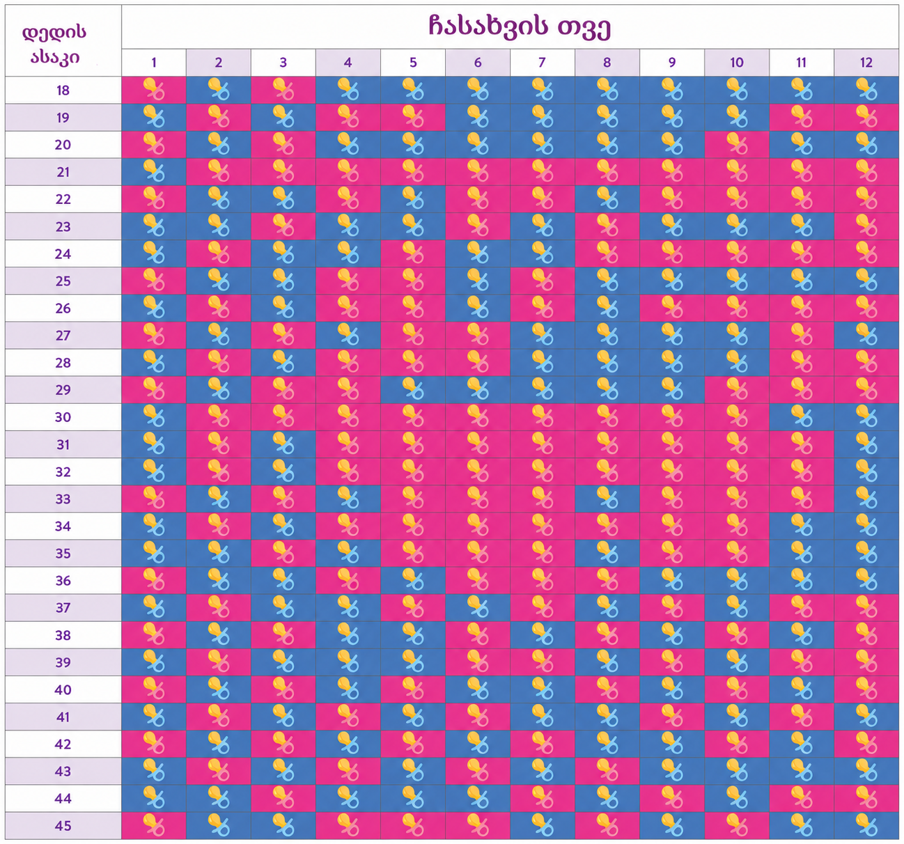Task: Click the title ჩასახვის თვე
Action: [519, 27]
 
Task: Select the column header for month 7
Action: [542, 63]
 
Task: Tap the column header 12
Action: [866, 63]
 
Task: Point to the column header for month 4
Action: [348, 63]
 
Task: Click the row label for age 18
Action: [63, 90]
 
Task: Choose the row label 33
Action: [63, 499]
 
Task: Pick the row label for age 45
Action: [63, 826]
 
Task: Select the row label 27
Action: [63, 336]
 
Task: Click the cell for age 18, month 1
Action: [154, 90]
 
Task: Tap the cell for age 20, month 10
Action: [737, 145]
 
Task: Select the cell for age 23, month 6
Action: [478, 226]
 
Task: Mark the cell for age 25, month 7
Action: [542, 281]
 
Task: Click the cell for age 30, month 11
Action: [802, 417]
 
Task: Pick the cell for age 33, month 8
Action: [607, 499]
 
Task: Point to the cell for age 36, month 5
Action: [413, 580]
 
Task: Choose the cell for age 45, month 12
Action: [866, 826]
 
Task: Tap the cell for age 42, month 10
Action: [737, 744]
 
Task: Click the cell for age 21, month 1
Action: [154, 171]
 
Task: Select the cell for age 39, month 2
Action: [219, 662]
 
